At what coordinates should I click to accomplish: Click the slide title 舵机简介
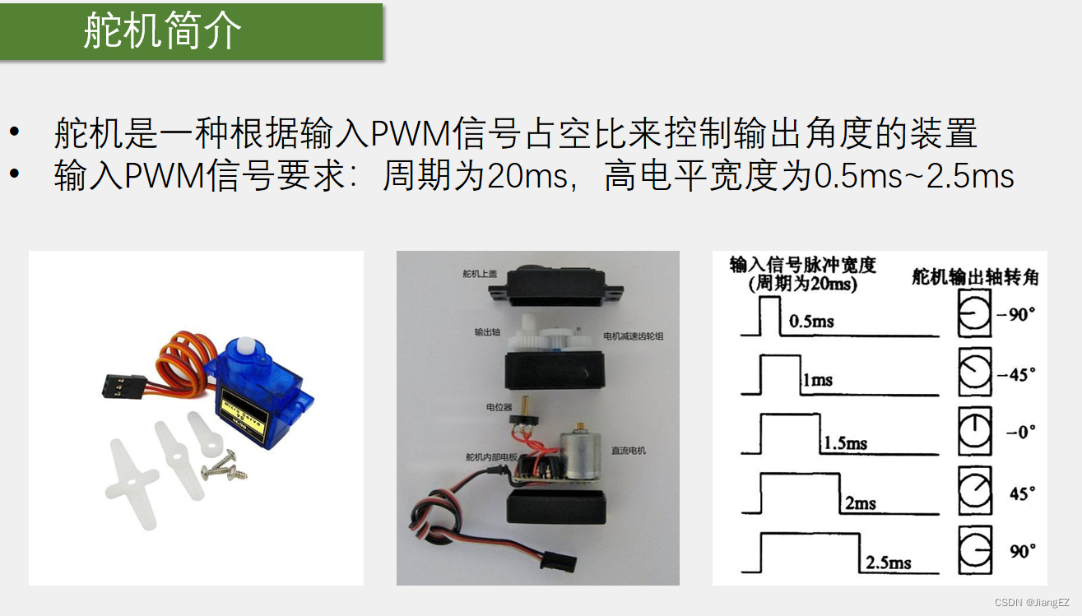163,32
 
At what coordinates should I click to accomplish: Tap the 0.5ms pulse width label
811,321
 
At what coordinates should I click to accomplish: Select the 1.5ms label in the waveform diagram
845,443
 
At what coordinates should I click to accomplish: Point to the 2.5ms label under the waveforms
888,563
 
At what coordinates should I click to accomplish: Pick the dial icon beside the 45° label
975,492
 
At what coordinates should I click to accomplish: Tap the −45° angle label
1016,374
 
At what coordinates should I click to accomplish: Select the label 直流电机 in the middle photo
629,451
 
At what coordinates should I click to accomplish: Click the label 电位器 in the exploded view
499,406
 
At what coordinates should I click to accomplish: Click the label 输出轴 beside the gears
487,333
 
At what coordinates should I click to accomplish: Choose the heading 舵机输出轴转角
974,277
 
